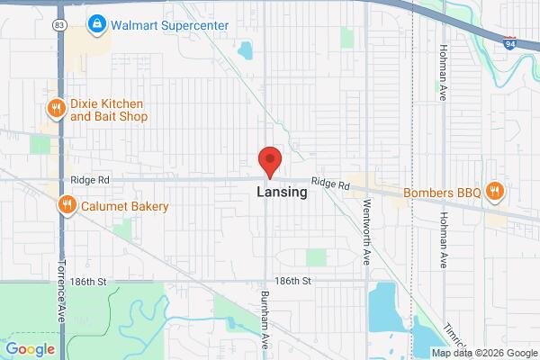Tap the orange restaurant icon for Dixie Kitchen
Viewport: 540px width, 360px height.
[57, 109]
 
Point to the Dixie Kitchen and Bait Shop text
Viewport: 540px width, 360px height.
[109, 110]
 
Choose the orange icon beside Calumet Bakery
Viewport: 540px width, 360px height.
[67, 206]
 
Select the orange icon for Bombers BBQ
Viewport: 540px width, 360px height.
[493, 192]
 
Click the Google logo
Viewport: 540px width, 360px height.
[30, 349]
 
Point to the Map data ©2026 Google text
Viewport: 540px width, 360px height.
[483, 353]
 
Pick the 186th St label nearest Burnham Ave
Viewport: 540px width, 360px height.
[293, 282]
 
